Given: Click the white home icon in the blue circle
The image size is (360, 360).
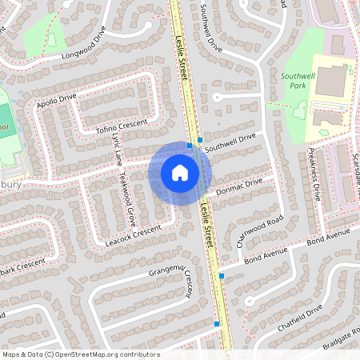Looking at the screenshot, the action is (180, 172).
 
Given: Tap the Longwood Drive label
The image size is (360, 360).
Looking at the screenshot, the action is (83, 46).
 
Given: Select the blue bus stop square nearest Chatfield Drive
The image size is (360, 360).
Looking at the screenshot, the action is (217, 323).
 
